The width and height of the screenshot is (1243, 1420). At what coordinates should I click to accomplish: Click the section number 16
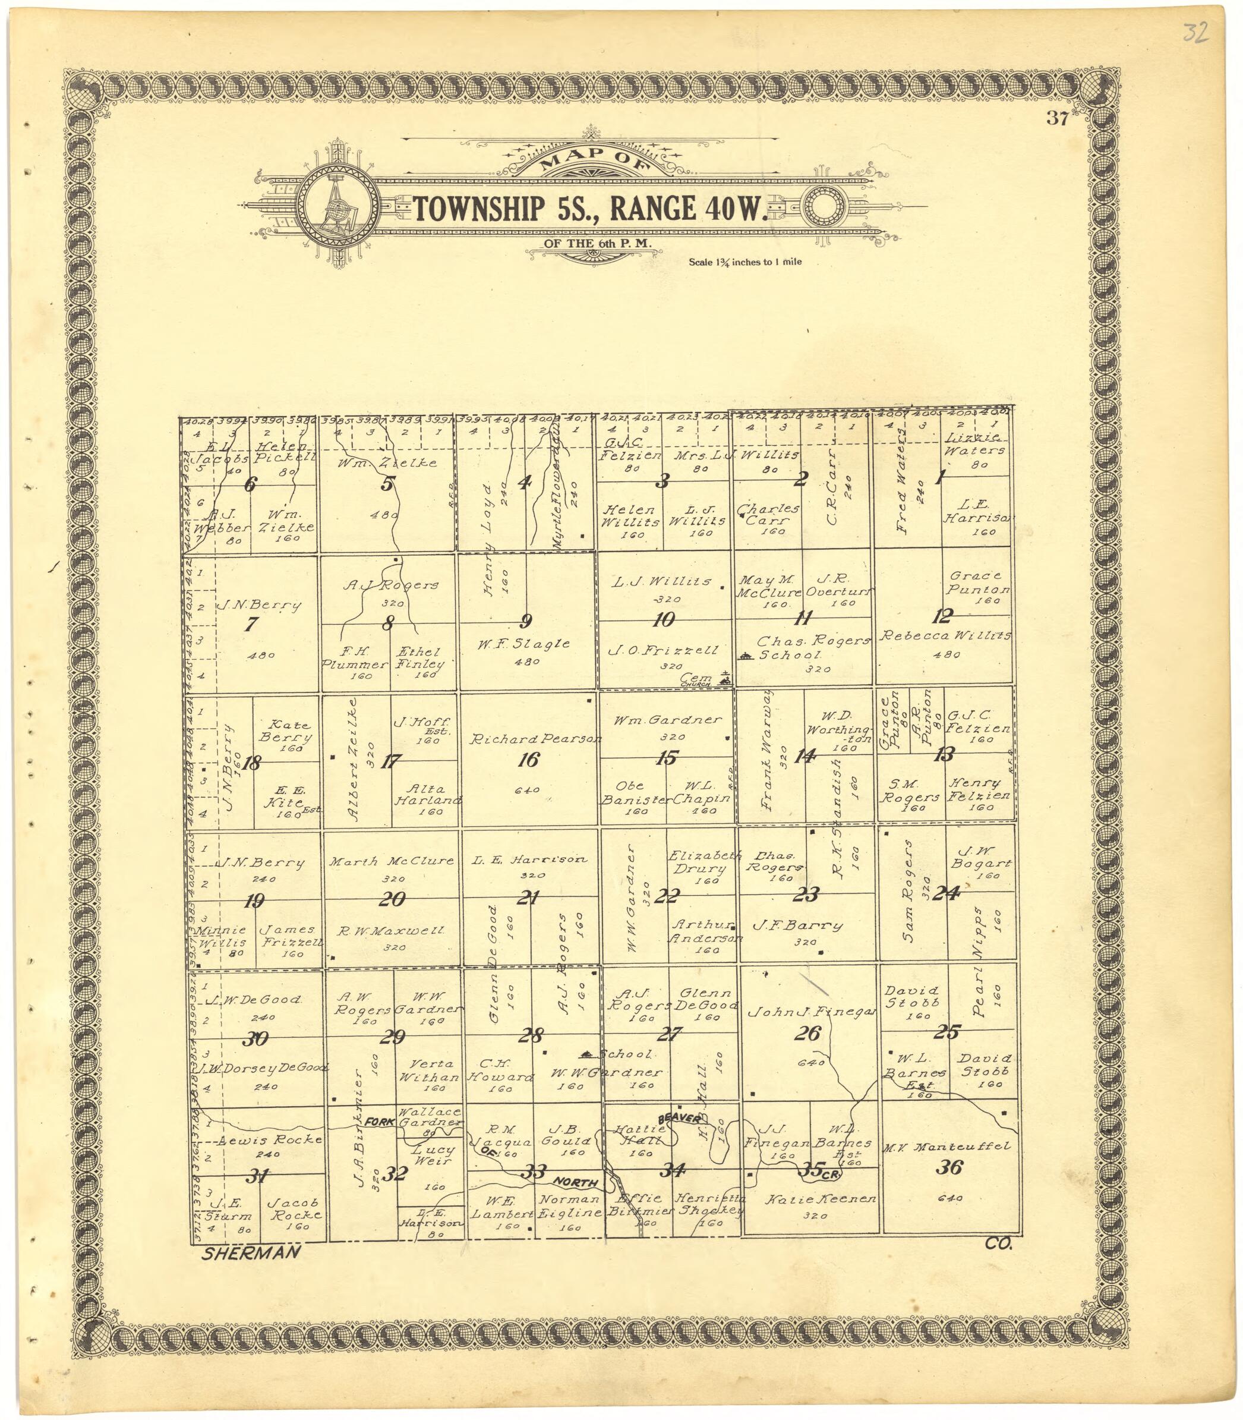[528, 760]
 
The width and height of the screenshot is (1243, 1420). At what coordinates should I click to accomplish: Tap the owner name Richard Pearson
[534, 740]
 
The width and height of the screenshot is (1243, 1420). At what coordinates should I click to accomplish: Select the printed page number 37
[1057, 119]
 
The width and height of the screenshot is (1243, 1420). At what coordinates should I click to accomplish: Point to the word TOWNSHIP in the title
[479, 209]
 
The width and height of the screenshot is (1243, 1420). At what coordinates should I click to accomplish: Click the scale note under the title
[745, 262]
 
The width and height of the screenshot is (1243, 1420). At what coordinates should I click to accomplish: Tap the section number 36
[949, 1167]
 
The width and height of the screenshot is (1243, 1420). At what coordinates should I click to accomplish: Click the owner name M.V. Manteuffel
[946, 1147]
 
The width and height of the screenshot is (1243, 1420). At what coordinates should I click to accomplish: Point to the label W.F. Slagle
[523, 644]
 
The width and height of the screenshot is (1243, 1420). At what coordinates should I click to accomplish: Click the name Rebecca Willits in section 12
[945, 636]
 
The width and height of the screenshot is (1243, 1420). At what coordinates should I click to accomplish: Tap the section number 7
[251, 624]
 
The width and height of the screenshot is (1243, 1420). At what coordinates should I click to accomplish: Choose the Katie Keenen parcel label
[821, 1199]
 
